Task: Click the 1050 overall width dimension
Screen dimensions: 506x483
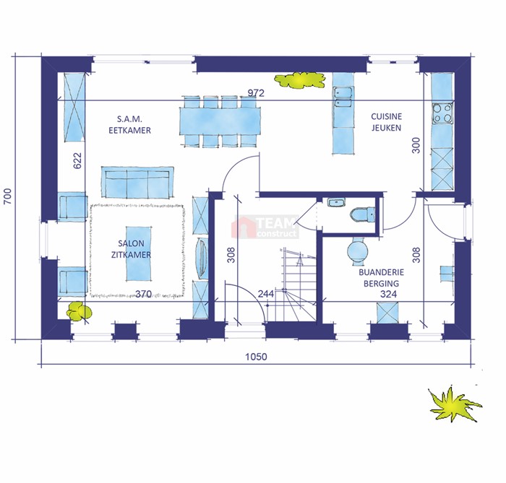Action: tap(256, 357)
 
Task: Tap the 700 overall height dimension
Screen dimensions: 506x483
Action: tap(7, 196)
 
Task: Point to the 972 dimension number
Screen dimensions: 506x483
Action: tap(256, 93)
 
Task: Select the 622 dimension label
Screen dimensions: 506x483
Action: tap(77, 160)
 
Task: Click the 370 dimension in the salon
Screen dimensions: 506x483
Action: tap(143, 294)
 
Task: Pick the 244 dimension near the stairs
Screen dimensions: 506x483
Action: tap(266, 294)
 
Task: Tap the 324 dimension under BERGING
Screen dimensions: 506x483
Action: tap(389, 294)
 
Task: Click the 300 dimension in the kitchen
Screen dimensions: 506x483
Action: tap(416, 145)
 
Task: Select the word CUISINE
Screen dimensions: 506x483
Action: tap(386, 116)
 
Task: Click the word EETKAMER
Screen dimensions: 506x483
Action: tap(129, 130)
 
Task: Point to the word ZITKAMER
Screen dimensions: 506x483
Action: tap(131, 255)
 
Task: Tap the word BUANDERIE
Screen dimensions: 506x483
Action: tap(381, 272)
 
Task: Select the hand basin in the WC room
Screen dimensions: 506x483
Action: tap(337, 203)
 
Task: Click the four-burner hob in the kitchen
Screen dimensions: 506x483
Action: tap(442, 113)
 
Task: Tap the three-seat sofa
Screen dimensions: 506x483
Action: tap(137, 182)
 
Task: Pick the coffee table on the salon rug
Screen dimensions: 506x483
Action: tap(139, 253)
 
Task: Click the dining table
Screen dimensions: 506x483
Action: tap(220, 122)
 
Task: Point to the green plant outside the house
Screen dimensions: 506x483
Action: tap(454, 404)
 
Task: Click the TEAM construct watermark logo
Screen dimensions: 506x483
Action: tap(265, 227)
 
